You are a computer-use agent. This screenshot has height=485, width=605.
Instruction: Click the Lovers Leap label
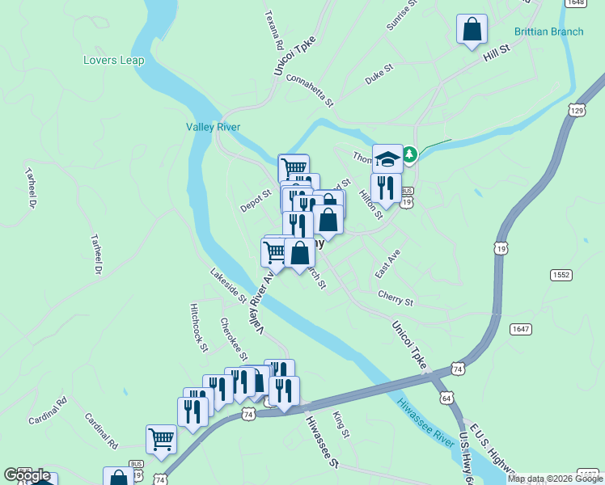click(x=113, y=60)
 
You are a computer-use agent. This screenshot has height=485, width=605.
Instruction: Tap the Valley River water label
click(x=213, y=127)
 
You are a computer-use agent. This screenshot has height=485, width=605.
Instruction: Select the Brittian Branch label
click(x=548, y=32)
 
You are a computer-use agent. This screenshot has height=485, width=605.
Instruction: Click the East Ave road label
click(x=387, y=264)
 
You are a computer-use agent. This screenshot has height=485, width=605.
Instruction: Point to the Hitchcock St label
click(x=199, y=327)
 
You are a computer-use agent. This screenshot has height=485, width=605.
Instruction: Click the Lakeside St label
click(x=228, y=285)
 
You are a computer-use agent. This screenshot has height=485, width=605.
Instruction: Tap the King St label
click(x=341, y=424)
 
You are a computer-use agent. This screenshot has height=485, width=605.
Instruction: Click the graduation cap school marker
click(x=387, y=157)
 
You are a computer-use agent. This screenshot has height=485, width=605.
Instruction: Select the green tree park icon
click(x=409, y=154)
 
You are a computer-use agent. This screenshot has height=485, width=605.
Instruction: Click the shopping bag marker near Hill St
click(x=472, y=29)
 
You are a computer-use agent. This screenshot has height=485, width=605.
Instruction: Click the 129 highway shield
click(x=576, y=109)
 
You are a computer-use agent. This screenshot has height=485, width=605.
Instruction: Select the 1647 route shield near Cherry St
click(x=520, y=328)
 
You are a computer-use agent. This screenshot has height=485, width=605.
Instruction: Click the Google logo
click(x=27, y=475)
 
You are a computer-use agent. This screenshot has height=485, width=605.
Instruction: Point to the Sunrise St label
click(x=401, y=15)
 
